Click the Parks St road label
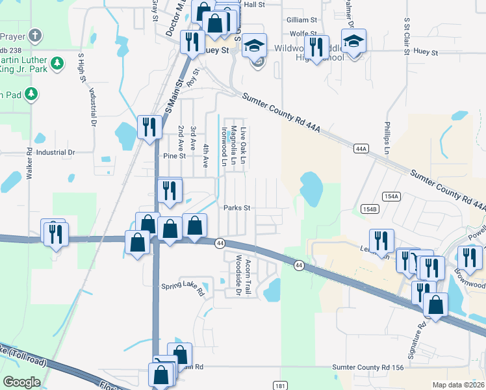tap(237, 208)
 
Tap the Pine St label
tap(174, 156)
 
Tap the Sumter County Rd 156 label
tap(368, 367)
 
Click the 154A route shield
tap(390, 196)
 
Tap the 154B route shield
tap(369, 209)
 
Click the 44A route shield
tap(361, 149)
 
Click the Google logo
tap(22, 382)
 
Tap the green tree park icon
tap(58, 63)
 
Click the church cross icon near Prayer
tap(36, 36)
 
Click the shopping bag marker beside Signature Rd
tap(435, 305)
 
